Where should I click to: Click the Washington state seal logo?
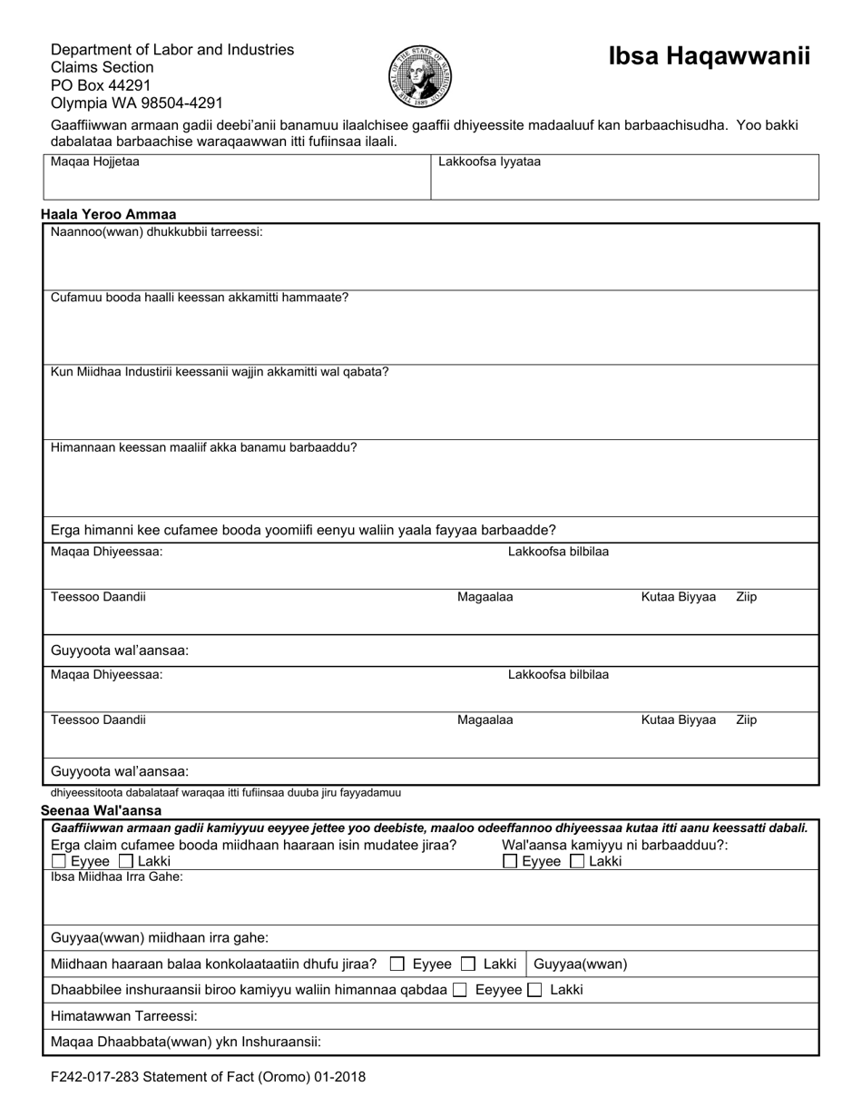click(x=419, y=76)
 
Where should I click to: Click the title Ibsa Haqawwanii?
click(x=709, y=56)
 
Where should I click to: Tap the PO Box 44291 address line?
click(x=101, y=85)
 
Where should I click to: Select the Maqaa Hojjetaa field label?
click(x=95, y=162)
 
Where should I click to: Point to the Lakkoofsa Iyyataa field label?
click(x=489, y=162)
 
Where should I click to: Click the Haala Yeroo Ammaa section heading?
click(x=109, y=215)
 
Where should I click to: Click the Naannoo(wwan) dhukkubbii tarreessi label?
click(x=157, y=232)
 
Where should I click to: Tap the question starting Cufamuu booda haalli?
click(x=200, y=298)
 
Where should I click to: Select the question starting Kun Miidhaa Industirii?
click(x=220, y=372)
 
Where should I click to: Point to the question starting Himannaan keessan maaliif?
click(x=204, y=447)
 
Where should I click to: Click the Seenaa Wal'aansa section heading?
click(x=102, y=810)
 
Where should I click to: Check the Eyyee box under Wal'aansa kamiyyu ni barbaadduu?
click(x=510, y=861)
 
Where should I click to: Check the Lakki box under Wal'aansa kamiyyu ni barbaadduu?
click(x=577, y=861)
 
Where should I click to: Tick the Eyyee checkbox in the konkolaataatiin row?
click(x=397, y=964)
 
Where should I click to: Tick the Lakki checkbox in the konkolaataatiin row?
click(x=468, y=964)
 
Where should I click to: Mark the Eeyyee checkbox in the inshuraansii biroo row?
click(x=460, y=990)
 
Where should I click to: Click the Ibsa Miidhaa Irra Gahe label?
click(x=117, y=876)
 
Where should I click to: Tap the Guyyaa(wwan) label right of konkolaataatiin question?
click(x=580, y=964)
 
